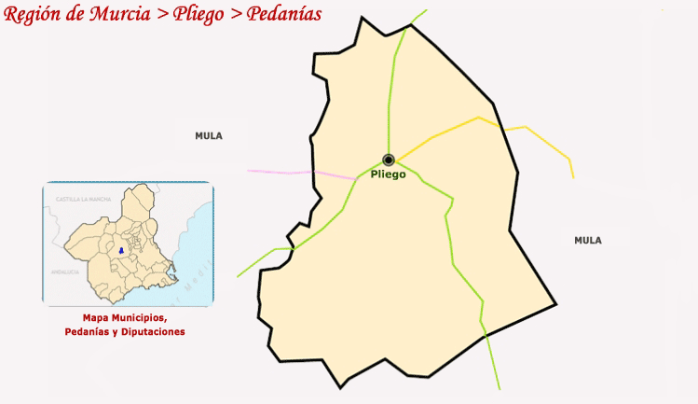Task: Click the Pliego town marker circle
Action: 389,160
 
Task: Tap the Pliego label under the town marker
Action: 389,174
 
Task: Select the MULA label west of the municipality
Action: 209,136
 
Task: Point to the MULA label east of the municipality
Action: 588,241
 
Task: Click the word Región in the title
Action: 34,14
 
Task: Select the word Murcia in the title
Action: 125,14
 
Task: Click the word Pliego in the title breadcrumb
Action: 202,14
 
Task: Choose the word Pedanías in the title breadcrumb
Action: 285,14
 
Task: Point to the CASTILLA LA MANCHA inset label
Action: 84,200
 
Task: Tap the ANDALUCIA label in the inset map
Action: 65,272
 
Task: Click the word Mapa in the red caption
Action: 96,317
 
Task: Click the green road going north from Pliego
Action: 392,93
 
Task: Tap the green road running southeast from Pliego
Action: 453,243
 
